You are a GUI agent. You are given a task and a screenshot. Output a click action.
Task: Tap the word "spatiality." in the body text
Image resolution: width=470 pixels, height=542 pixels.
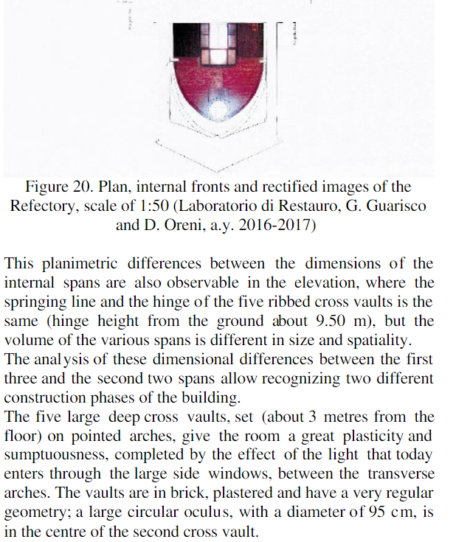(399, 341)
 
